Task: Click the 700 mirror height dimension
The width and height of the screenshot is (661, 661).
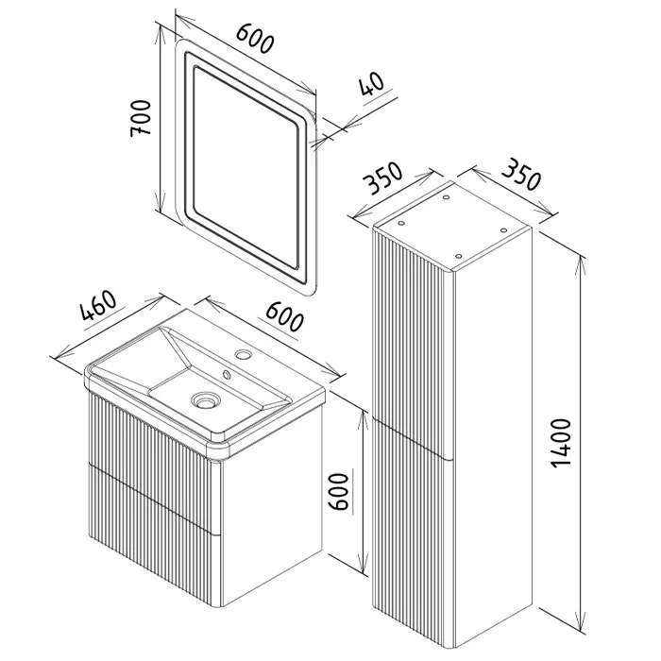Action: tap(141, 118)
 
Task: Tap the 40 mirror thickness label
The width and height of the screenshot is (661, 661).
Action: tap(372, 84)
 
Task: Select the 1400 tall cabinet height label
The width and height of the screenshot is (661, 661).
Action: tap(561, 442)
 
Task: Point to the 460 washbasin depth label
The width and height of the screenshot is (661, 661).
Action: tap(98, 305)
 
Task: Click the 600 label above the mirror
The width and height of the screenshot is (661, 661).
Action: tap(255, 39)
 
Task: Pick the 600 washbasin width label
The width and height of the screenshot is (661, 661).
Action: tap(284, 315)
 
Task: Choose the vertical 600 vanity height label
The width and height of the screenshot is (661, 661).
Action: tap(339, 492)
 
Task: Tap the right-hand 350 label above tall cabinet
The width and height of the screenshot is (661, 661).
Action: tap(521, 174)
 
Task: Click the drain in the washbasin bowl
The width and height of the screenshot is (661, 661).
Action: tap(205, 399)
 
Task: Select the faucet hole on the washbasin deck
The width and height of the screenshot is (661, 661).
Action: tap(244, 354)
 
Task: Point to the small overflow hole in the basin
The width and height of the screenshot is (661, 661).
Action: tap(227, 374)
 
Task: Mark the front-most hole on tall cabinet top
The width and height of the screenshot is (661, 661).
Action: tap(459, 256)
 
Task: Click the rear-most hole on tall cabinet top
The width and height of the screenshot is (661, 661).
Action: tap(446, 196)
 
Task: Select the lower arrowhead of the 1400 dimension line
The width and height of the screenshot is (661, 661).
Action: tap(582, 620)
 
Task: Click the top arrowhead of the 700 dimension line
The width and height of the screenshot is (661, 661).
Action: tap(161, 36)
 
